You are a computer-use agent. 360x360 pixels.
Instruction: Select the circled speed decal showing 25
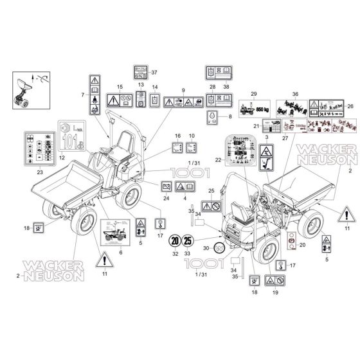coord(188,242)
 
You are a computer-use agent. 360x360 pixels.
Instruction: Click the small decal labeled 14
coord(154,100)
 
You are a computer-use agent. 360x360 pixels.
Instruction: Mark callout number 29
coord(254,94)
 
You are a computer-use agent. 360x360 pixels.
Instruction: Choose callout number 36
coord(296,94)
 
